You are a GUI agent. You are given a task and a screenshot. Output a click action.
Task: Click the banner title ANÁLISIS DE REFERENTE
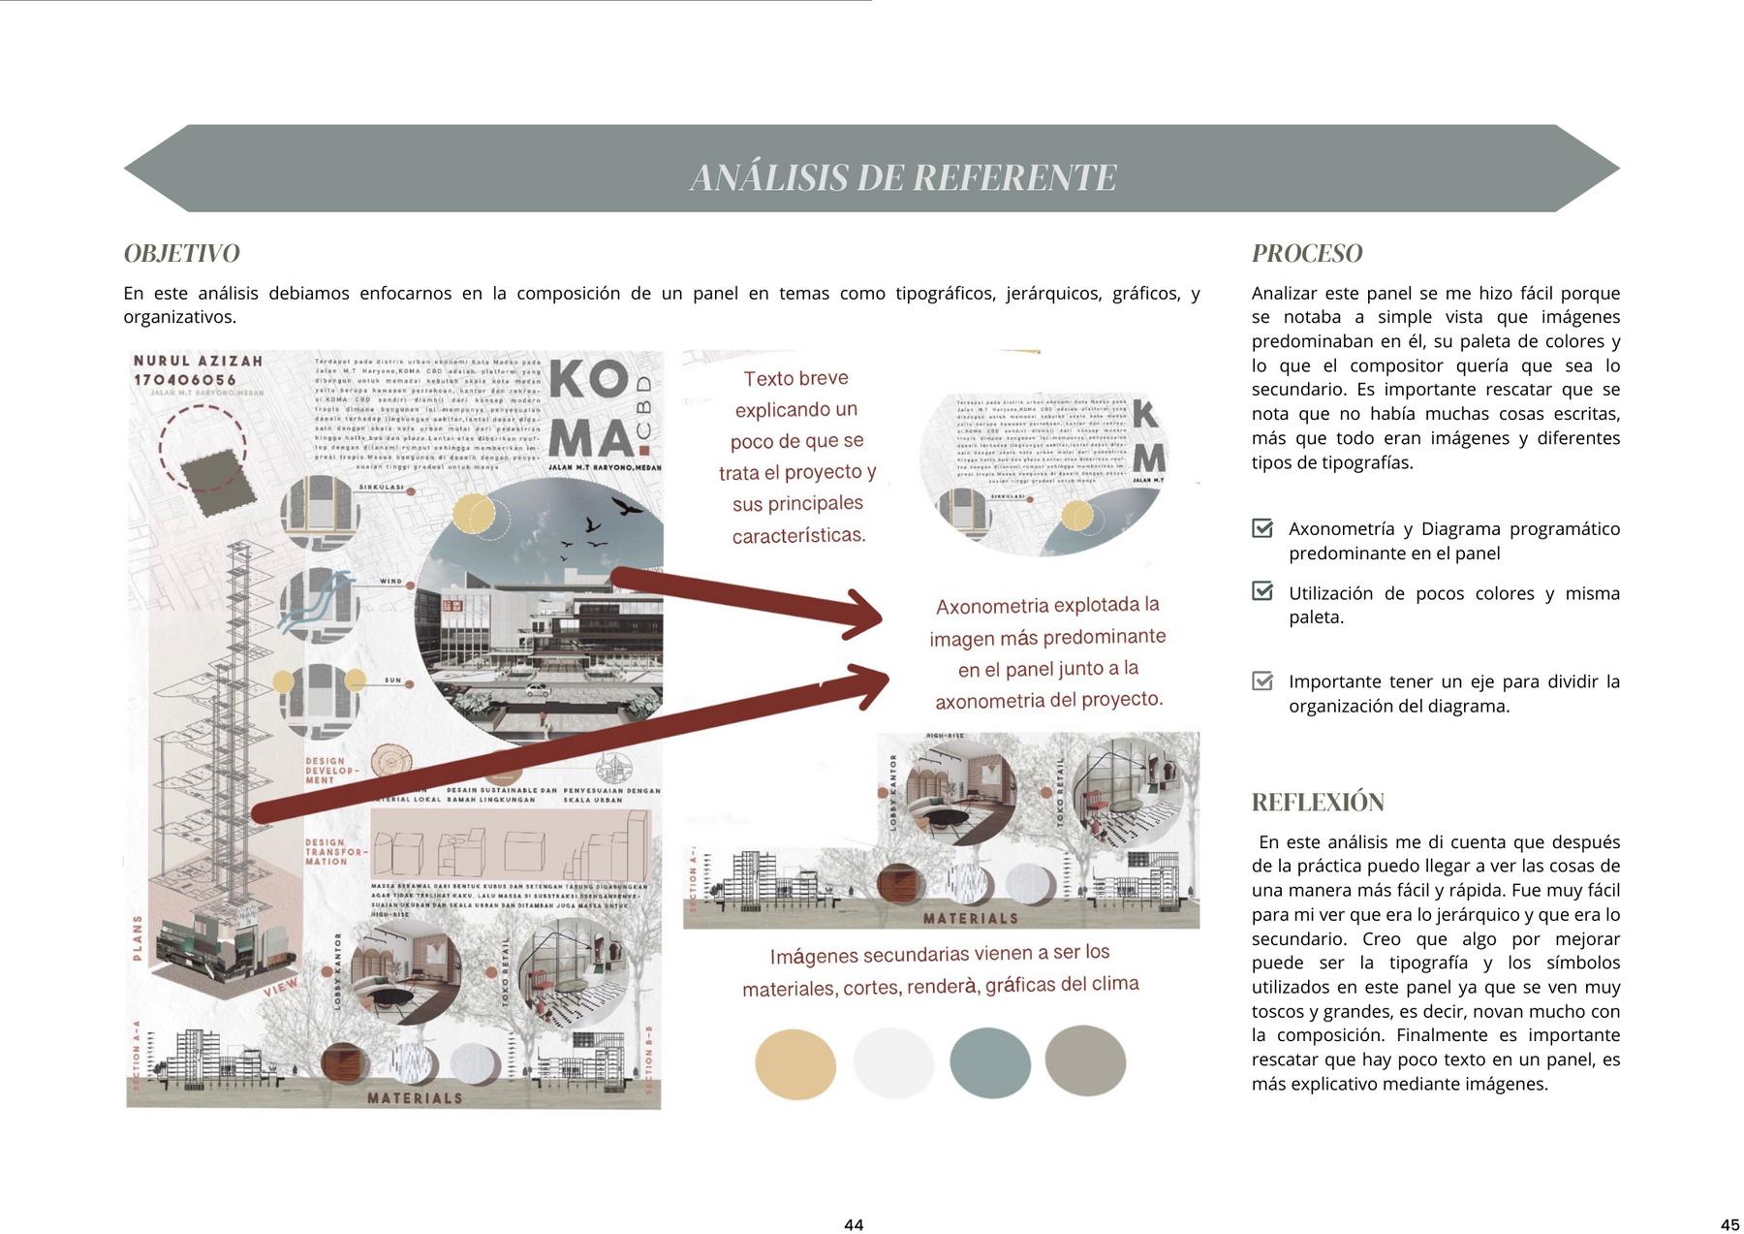[903, 177]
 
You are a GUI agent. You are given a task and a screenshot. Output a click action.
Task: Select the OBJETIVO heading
[181, 253]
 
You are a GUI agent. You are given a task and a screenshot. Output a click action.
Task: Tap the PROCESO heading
[1306, 253]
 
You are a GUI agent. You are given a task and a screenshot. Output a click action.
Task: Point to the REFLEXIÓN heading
[1317, 802]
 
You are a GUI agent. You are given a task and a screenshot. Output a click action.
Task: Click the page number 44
[854, 1224]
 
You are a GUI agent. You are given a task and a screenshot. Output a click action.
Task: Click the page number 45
[1729, 1224]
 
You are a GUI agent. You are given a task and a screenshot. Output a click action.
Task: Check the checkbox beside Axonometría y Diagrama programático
[1262, 528]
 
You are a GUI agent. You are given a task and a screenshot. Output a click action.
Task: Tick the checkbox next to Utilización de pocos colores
[1262, 591]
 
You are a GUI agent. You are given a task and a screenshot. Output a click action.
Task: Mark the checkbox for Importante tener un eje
[1262, 680]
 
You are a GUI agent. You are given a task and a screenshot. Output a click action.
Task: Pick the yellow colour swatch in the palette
[794, 1063]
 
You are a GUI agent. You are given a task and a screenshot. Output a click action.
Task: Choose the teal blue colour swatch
[989, 1063]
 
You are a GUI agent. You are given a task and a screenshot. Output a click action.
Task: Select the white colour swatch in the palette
[892, 1063]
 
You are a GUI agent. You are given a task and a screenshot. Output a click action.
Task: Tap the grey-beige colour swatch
[1085, 1060]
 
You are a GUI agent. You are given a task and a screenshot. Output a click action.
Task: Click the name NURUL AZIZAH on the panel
[198, 361]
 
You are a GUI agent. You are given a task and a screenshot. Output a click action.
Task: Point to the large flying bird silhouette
[626, 506]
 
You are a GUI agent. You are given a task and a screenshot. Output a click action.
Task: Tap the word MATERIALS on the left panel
[415, 1098]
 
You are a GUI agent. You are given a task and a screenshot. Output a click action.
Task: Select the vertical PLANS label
[138, 937]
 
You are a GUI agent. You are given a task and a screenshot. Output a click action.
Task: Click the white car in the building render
[538, 690]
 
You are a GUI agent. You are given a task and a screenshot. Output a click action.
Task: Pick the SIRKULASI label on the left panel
[381, 487]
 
